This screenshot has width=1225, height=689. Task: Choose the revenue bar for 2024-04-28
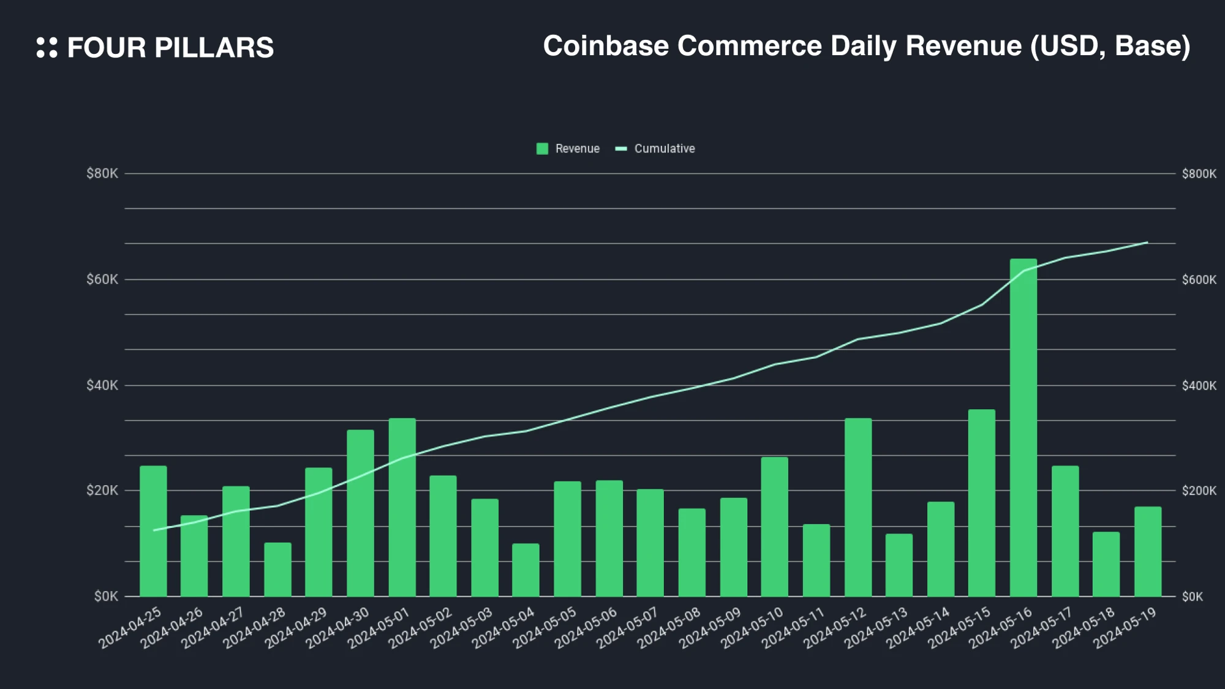[x=277, y=569]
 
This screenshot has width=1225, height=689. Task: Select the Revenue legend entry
[x=568, y=149]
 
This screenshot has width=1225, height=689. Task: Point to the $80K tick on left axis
[x=102, y=174]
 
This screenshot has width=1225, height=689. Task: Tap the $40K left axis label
[x=102, y=385]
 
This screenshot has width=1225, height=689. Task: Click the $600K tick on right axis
[x=1199, y=280]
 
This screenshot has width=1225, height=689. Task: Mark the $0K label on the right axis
[x=1193, y=597]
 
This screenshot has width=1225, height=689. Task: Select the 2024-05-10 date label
[x=752, y=628]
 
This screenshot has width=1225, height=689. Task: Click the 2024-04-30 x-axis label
[x=338, y=628]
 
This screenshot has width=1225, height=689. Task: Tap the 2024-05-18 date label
[x=1084, y=628]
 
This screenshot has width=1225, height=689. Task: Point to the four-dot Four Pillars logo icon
[x=47, y=48]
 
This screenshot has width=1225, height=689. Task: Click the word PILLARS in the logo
[x=214, y=48]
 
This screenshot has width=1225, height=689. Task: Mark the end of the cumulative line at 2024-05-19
[x=1147, y=243]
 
